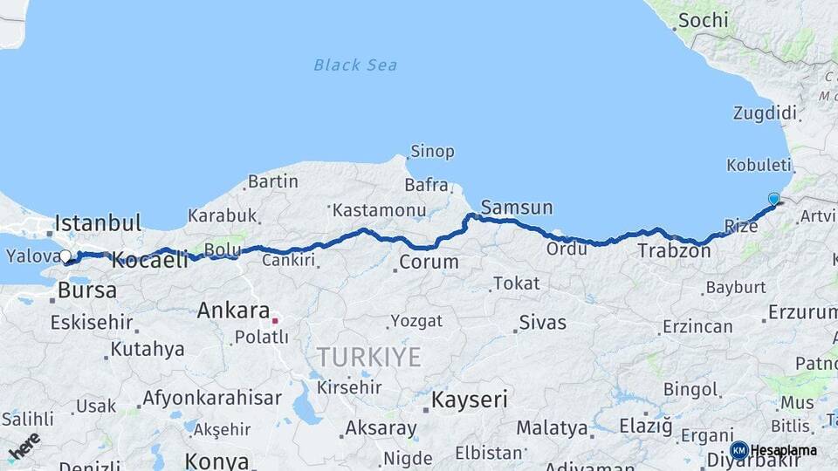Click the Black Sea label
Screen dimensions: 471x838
(x=355, y=65)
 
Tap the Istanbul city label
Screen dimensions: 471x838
(x=98, y=223)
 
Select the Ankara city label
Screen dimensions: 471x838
(x=233, y=311)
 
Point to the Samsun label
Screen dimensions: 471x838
(x=517, y=208)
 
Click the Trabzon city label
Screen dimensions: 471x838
(x=674, y=251)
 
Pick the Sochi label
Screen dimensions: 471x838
(x=703, y=19)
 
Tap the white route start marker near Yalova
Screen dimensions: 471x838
(x=65, y=256)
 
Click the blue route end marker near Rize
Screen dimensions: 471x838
(x=773, y=199)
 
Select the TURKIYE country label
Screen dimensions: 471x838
(x=368, y=357)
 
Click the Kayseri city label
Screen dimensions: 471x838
(x=471, y=400)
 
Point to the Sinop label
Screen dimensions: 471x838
(x=432, y=152)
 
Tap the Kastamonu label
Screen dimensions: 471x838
(x=379, y=210)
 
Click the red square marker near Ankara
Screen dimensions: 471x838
(x=275, y=321)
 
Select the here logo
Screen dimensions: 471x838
(x=24, y=446)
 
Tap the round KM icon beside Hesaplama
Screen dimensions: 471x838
(x=738, y=450)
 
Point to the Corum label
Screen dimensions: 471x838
(x=429, y=262)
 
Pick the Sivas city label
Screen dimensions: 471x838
(x=542, y=323)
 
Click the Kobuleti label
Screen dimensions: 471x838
(x=759, y=165)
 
